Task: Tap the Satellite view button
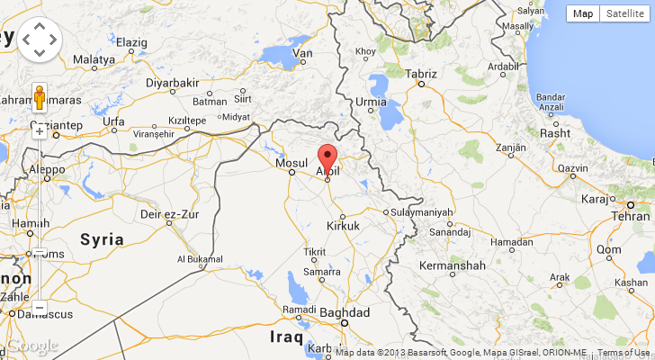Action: pos(624,13)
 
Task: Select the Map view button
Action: pos(584,13)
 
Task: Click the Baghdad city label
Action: pos(346,311)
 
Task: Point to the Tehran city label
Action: pos(631,217)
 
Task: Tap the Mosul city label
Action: pos(292,162)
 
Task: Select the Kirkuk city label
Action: pos(344,225)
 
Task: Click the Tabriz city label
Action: pos(421,73)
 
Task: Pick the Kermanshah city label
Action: pos(453,265)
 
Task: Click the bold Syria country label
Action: pos(102,239)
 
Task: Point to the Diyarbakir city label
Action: pos(172,83)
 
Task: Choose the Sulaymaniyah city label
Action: pos(423,212)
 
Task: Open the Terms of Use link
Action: pos(624,353)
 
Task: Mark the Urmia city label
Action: pos(372,102)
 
